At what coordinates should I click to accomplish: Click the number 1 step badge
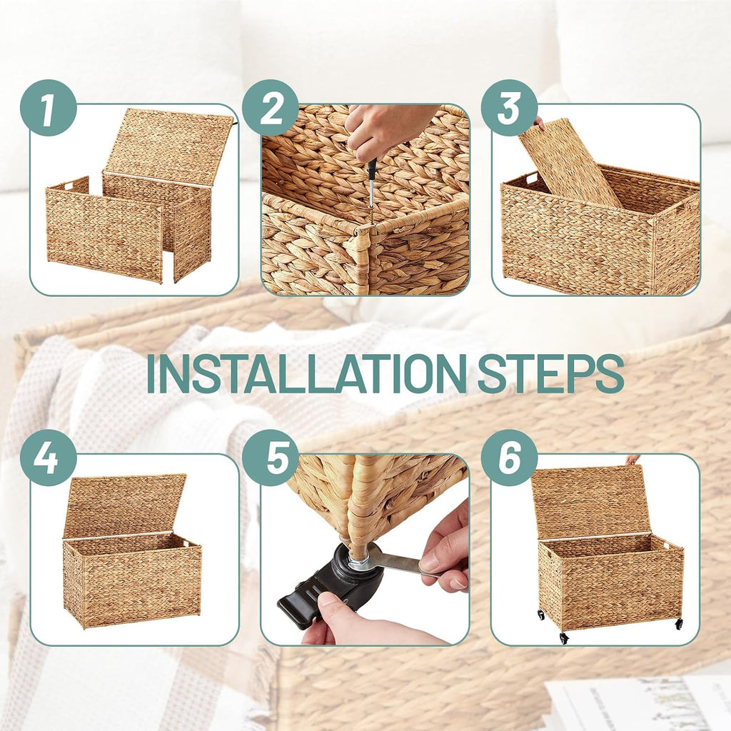pyautogui.click(x=48, y=108)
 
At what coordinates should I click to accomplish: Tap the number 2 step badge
pyautogui.click(x=271, y=108)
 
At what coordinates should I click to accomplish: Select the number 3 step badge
pyautogui.click(x=509, y=108)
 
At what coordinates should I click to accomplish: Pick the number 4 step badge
pyautogui.click(x=48, y=458)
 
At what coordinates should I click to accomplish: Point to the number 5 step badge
pyautogui.click(x=271, y=458)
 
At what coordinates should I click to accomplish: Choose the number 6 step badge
pyautogui.click(x=509, y=458)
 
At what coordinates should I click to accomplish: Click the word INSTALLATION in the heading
pyautogui.click(x=306, y=373)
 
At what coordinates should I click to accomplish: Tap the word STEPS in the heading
pyautogui.click(x=550, y=373)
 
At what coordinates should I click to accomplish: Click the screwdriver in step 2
pyautogui.click(x=371, y=182)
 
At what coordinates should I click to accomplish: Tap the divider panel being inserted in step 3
pyautogui.click(x=570, y=163)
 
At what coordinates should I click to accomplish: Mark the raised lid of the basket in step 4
pyautogui.click(x=125, y=505)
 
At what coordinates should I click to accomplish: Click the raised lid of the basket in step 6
pyautogui.click(x=590, y=502)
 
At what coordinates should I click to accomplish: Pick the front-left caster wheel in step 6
pyautogui.click(x=564, y=637)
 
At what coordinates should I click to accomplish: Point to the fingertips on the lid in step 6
pyautogui.click(x=632, y=460)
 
